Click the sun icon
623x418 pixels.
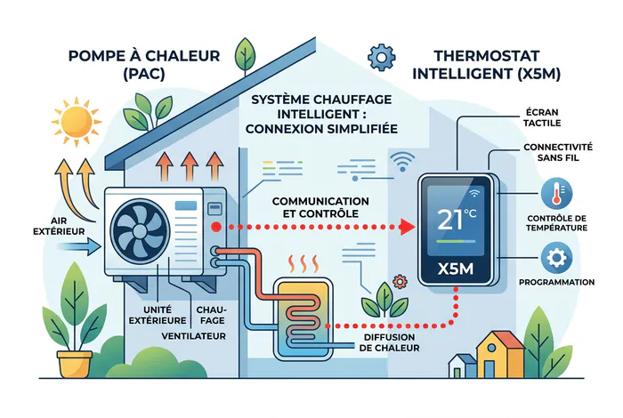pos(77,122)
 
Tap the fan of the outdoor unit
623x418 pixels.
pos(140,230)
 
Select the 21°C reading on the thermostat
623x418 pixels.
pos(456,220)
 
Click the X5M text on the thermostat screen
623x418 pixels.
pos(456,269)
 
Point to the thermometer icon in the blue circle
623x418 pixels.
pos(556,193)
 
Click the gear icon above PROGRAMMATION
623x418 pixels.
pos(556,258)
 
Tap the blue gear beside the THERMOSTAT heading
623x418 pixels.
pos(382,58)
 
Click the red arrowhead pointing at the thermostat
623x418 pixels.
pos(408,227)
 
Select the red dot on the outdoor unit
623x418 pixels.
pos(216,227)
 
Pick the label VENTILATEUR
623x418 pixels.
pos(193,336)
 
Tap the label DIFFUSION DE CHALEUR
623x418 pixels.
pos(390,342)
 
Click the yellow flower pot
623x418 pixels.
pos(74,364)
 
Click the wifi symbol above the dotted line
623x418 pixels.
pos(402,162)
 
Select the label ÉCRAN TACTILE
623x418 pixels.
pos(542,118)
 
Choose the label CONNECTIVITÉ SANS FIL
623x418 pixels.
pos(558,152)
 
